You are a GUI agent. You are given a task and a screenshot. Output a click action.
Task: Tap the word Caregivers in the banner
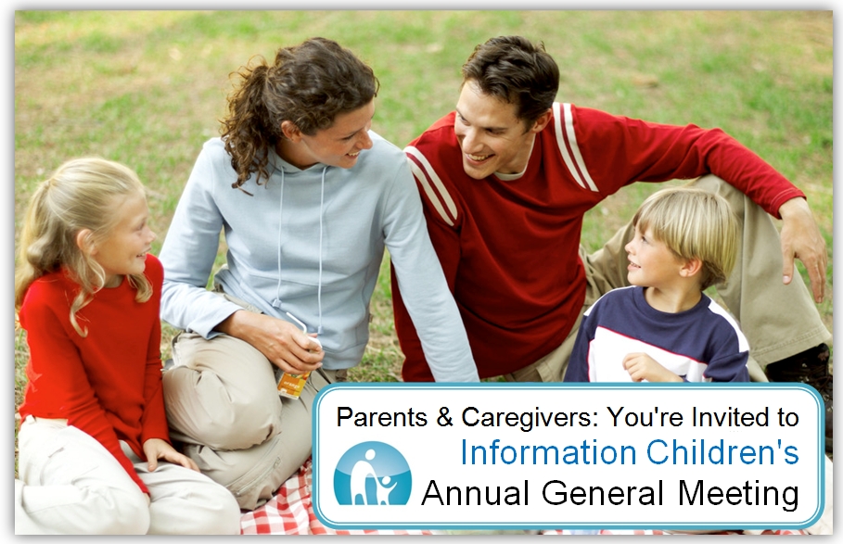[529, 417]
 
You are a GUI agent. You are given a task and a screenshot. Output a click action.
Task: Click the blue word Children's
[722, 452]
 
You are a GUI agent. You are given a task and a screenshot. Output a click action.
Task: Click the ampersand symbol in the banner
[444, 417]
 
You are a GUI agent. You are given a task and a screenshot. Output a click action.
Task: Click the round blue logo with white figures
[372, 474]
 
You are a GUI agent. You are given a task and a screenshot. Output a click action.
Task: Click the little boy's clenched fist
[641, 367]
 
